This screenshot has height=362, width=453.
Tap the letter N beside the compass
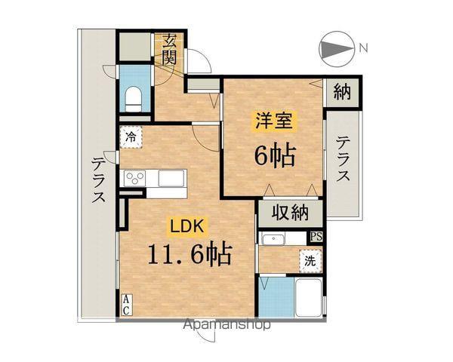[x=363, y=49]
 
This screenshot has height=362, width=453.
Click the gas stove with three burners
[x=134, y=179]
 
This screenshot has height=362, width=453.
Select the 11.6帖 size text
[x=188, y=253]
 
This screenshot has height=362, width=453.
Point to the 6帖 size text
[x=274, y=156]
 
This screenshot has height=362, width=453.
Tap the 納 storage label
[x=342, y=94]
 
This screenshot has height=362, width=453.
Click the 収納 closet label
[x=291, y=213]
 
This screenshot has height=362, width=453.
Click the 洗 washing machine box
[x=310, y=261]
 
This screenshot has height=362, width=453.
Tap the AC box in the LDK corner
[x=126, y=304]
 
